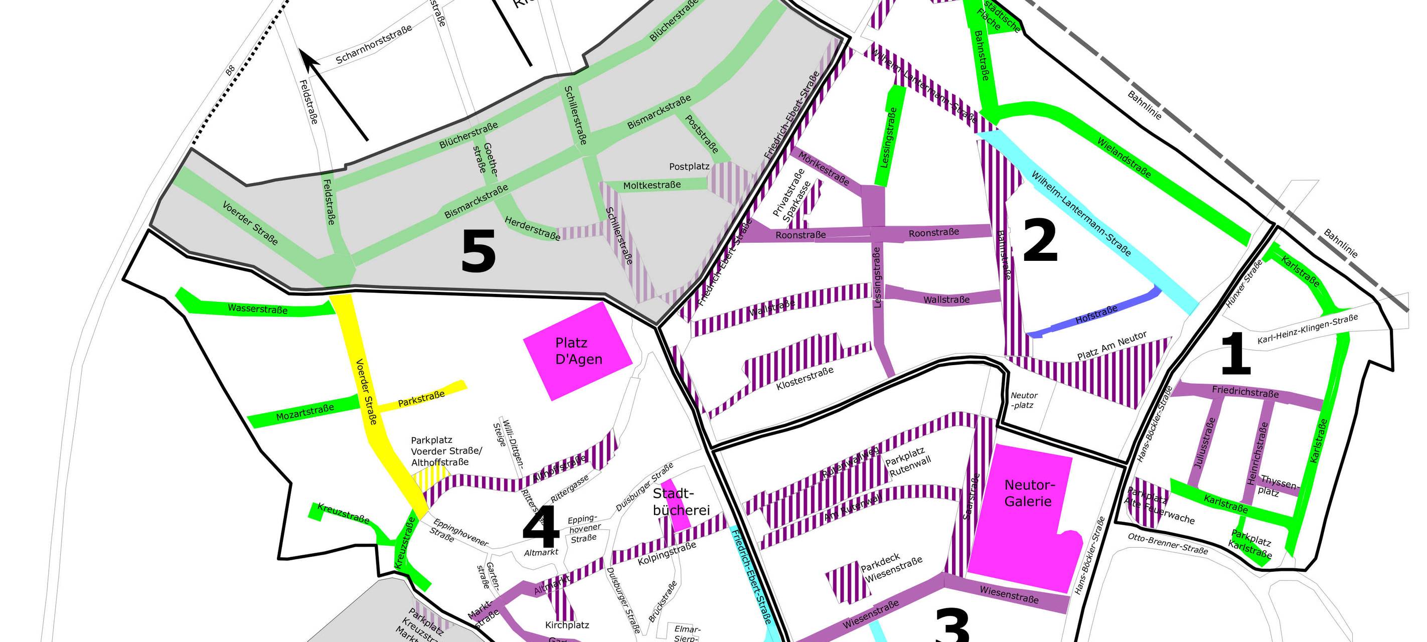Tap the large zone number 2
(1040, 240)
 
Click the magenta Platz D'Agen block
(578, 351)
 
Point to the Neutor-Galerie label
(1029, 493)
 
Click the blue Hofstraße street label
(1096, 315)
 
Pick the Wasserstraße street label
(258, 308)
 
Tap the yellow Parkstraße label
(421, 398)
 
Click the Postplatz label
(689, 166)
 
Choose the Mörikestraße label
(823, 169)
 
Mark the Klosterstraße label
(805, 378)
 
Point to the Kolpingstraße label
(667, 553)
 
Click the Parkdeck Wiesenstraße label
(890, 567)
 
